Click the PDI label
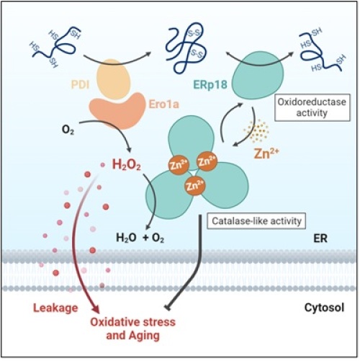pyautogui.click(x=80, y=85)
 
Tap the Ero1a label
pyautogui.click(x=164, y=104)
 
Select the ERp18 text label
pyautogui.click(x=210, y=84)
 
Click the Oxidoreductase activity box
pyautogui.click(x=312, y=107)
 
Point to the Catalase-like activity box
pyautogui.click(x=256, y=220)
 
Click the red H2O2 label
pyautogui.click(x=127, y=165)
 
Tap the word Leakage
pyautogui.click(x=55, y=308)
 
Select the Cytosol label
pyautogui.click(x=324, y=308)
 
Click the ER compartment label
pyautogui.click(x=320, y=239)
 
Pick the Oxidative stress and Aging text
pyautogui.click(x=132, y=329)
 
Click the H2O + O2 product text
pyautogui.click(x=140, y=238)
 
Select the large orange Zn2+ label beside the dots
pyautogui.click(x=266, y=153)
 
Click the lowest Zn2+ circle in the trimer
pyautogui.click(x=194, y=186)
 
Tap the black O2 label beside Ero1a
pyautogui.click(x=68, y=130)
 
